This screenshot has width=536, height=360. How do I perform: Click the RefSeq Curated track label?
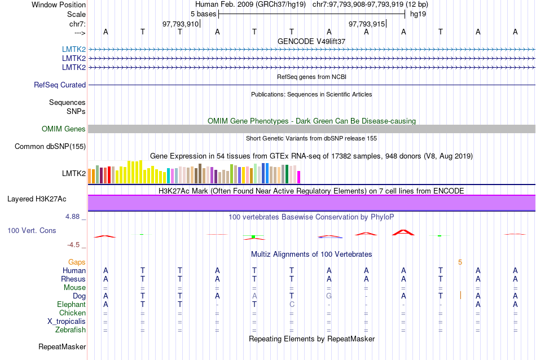click(x=60, y=85)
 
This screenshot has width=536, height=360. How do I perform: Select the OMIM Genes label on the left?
click(x=64, y=129)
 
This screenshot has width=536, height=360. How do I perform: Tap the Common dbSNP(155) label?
click(x=50, y=147)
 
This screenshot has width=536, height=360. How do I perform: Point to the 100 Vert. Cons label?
click(x=32, y=231)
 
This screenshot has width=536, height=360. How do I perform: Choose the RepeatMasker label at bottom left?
click(x=62, y=346)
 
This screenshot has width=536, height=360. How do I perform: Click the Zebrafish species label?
click(x=71, y=330)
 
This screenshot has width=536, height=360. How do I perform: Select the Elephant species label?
click(x=71, y=305)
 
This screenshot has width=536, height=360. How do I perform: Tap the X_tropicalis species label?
click(x=67, y=322)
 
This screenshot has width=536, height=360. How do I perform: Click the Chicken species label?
click(x=73, y=313)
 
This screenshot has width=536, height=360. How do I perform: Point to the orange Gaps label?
click(x=77, y=262)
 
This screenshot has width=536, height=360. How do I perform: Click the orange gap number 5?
click(x=460, y=262)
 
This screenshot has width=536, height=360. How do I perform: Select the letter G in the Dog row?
click(x=329, y=296)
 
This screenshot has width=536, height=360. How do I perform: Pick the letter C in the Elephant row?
click(x=292, y=305)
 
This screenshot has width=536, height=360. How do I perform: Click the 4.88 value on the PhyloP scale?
click(x=74, y=217)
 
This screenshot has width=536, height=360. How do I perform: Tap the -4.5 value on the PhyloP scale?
click(x=74, y=245)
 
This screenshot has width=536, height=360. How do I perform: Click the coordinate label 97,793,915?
click(x=367, y=24)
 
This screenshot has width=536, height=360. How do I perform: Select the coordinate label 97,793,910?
click(x=181, y=24)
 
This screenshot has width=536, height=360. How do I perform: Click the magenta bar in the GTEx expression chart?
click(x=299, y=177)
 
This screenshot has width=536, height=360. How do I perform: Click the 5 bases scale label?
click(x=203, y=13)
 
